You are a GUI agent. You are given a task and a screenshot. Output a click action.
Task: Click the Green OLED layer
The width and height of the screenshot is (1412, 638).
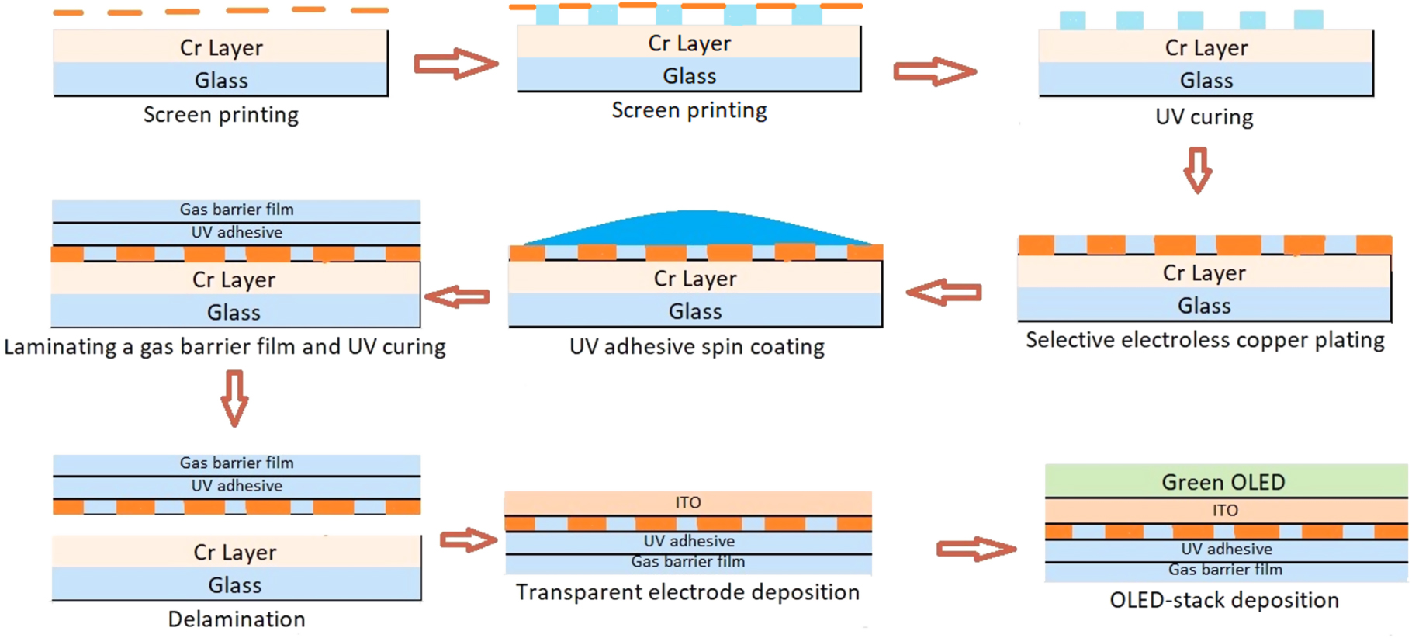pyautogui.click(x=1224, y=481)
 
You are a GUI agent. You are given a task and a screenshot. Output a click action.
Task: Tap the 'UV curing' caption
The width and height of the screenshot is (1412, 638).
pyautogui.click(x=1204, y=117)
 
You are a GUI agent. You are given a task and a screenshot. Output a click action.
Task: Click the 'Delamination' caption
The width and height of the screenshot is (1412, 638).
pyautogui.click(x=237, y=619)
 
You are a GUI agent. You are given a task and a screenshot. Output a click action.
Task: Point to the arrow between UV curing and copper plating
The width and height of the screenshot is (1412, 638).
pyautogui.click(x=1198, y=170)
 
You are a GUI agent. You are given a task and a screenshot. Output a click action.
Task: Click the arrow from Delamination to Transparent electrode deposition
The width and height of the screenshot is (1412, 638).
pyautogui.click(x=468, y=539)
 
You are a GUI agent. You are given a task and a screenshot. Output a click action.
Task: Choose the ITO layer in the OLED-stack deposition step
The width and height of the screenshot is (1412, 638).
pyautogui.click(x=1225, y=510)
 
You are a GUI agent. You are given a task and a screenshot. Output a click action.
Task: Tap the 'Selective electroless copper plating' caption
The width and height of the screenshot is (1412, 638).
pyautogui.click(x=1205, y=340)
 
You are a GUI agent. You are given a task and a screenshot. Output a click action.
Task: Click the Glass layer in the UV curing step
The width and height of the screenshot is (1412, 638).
pyautogui.click(x=1206, y=80)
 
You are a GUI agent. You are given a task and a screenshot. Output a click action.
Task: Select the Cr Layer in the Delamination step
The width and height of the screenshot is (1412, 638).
pyautogui.click(x=235, y=552)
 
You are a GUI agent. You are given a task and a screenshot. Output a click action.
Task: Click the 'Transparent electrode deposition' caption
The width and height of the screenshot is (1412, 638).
pyautogui.click(x=687, y=592)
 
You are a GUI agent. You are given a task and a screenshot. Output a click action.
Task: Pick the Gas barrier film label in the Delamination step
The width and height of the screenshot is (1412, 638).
pyautogui.click(x=237, y=463)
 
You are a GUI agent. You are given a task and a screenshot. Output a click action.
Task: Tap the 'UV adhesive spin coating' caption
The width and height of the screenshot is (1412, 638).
pyautogui.click(x=697, y=346)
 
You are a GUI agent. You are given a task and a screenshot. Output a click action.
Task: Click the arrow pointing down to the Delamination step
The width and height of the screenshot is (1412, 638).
pyautogui.click(x=234, y=398)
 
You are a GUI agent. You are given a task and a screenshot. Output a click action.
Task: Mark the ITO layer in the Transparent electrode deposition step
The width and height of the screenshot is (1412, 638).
pyautogui.click(x=687, y=502)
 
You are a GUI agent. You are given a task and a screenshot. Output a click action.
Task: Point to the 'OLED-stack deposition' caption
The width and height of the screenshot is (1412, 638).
pyautogui.click(x=1224, y=600)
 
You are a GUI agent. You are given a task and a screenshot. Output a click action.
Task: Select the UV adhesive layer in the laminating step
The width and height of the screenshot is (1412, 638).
pyautogui.click(x=237, y=232)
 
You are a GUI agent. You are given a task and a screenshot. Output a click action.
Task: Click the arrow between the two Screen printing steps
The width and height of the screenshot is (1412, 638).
pyautogui.click(x=455, y=64)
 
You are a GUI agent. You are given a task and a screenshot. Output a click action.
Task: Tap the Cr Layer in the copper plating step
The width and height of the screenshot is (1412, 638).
pyautogui.click(x=1204, y=272)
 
